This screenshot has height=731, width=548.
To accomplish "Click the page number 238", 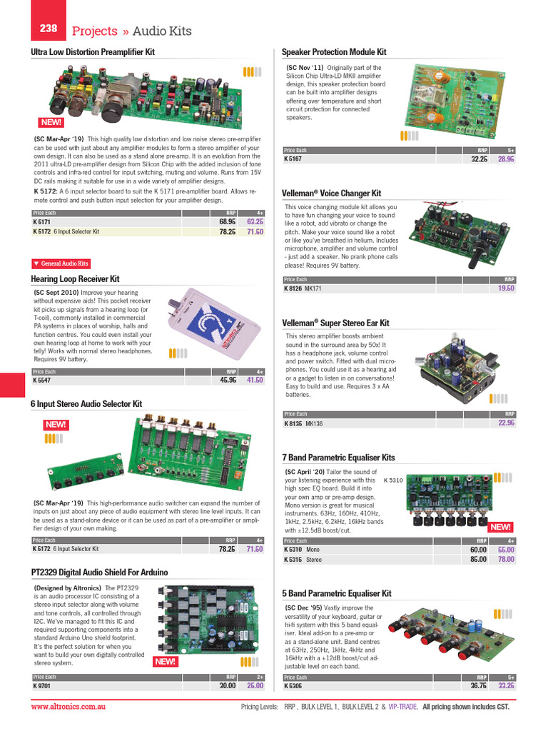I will pos(49,29).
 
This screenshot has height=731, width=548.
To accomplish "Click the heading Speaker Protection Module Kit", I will pos(334,52).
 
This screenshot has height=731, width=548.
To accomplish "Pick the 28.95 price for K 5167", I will pos(506,159).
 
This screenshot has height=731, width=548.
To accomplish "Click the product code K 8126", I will pos(293,288).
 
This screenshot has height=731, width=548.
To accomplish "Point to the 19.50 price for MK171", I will pos(506,288).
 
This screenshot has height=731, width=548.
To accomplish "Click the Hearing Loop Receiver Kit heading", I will pos(75,279).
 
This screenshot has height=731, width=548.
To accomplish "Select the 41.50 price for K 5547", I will pos(255,380).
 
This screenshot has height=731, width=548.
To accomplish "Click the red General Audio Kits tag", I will pos(61,263).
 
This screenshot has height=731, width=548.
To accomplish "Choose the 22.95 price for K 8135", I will pos(506,423).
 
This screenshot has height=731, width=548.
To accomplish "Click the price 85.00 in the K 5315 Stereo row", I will pos(477,560).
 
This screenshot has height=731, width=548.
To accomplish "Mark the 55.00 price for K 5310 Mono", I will pos(506,550).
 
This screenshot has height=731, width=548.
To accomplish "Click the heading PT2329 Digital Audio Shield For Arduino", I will pos(99,573).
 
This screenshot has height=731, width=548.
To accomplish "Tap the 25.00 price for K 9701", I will pos(255,686).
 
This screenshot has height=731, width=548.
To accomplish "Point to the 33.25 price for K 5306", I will pos(506,686).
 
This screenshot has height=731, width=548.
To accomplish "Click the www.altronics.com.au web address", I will pos(69,706).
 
